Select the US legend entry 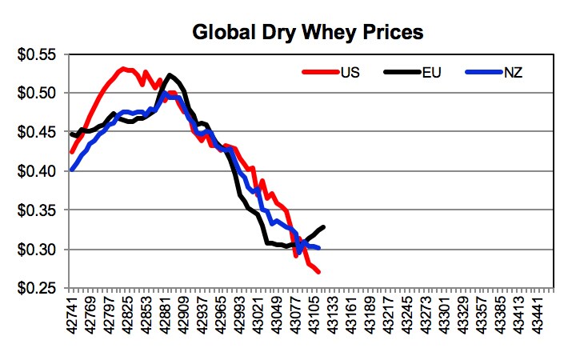point(350,73)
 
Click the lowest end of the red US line point(319,273)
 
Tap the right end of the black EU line point(324,227)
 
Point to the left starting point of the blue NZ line point(72,170)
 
